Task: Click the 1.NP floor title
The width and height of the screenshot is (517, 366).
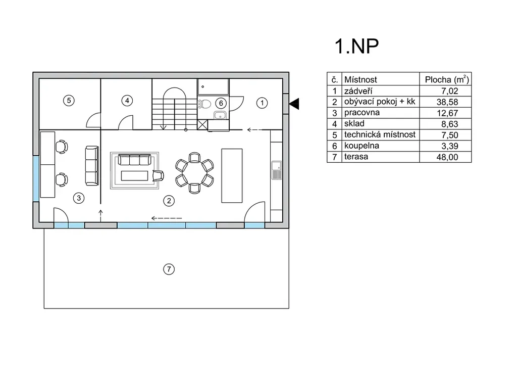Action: click(x=356, y=46)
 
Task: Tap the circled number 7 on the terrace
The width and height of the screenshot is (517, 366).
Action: click(x=169, y=269)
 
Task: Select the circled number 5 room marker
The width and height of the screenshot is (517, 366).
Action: click(x=70, y=100)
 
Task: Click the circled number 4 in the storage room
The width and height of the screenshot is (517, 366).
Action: click(x=127, y=101)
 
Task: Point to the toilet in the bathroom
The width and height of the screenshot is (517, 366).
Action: click(x=205, y=105)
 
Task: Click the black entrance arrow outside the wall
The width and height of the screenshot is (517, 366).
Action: click(x=294, y=104)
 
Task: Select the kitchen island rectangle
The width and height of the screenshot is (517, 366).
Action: click(x=232, y=174)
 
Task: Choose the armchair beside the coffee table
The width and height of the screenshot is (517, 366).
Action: click(x=159, y=175)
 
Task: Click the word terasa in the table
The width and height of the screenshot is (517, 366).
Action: click(x=356, y=157)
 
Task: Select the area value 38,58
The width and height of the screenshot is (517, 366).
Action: click(x=447, y=102)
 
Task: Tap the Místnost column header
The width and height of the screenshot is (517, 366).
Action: click(x=360, y=79)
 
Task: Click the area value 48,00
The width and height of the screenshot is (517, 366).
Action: click(x=447, y=157)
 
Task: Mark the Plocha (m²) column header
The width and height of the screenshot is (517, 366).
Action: click(x=447, y=79)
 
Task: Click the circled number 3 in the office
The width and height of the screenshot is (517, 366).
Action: click(x=78, y=198)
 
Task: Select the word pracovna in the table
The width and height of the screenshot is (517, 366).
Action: click(x=362, y=113)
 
